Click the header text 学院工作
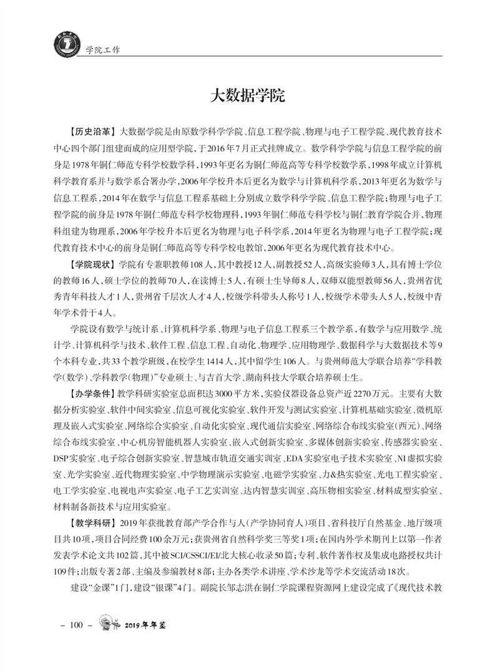click(x=102, y=48)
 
